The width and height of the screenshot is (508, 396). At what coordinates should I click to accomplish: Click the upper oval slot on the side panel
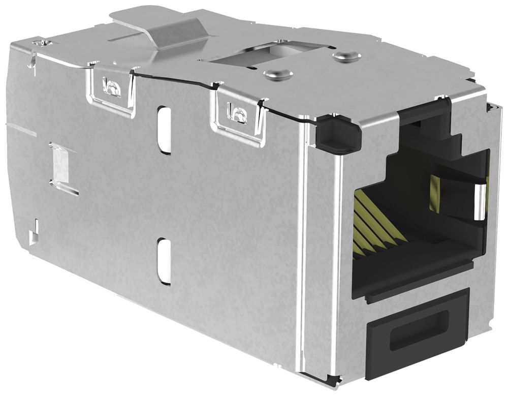tap(164, 130)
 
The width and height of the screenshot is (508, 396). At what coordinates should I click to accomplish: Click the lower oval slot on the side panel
tap(164, 261)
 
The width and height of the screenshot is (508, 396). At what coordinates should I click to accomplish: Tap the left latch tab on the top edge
tap(112, 87)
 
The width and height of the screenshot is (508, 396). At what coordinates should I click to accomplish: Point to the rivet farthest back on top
tap(343, 56)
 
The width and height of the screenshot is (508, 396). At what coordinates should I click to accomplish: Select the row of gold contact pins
tap(376, 221)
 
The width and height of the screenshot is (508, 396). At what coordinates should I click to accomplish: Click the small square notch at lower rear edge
tap(34, 235)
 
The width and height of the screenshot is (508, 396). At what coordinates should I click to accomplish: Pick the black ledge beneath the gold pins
tap(411, 267)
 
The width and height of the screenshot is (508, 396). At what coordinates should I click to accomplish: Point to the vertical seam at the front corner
tap(305, 244)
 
